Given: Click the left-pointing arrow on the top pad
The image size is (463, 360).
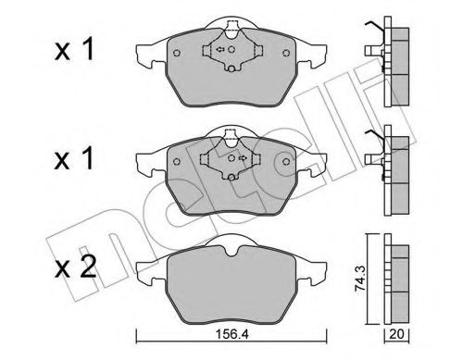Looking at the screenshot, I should (x=219, y=50).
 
